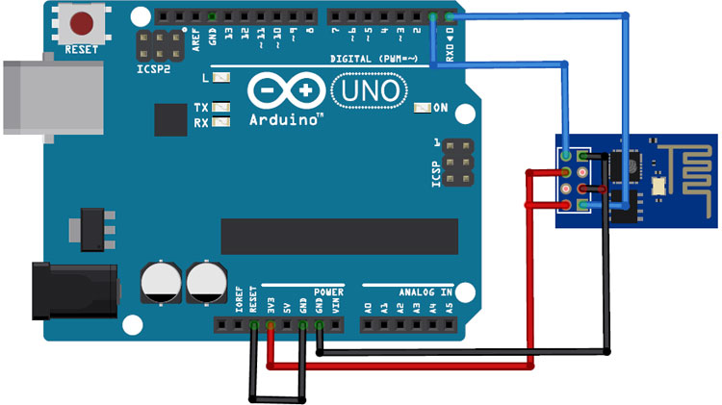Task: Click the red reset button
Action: (80, 22)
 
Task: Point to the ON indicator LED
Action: (421, 108)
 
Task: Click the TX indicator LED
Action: (222, 108)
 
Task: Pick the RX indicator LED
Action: (222, 122)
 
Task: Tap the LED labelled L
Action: (222, 78)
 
